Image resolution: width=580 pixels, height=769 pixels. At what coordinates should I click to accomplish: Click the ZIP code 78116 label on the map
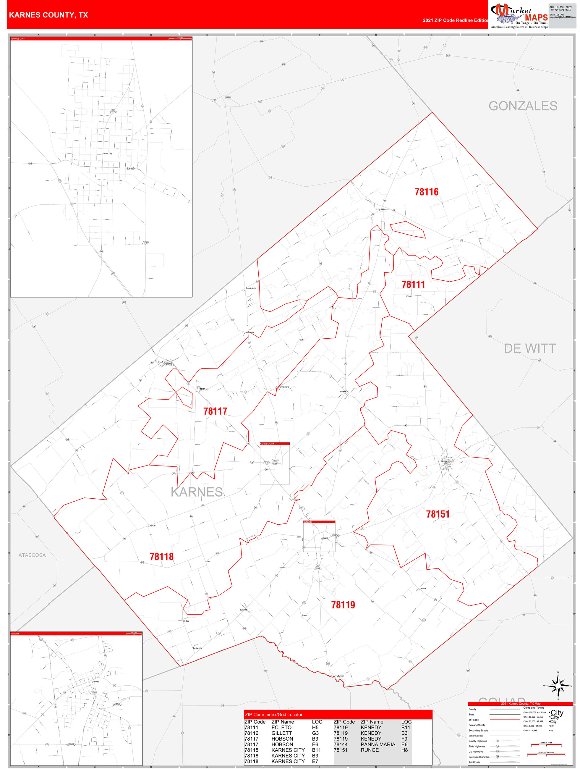[426, 192]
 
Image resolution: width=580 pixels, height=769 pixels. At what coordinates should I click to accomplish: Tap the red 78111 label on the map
[413, 284]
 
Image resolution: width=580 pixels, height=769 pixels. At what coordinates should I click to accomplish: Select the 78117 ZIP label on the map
[215, 411]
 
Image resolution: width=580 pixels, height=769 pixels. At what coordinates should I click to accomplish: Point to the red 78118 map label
[162, 557]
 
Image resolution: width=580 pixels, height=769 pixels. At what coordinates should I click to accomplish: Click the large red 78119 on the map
[343, 605]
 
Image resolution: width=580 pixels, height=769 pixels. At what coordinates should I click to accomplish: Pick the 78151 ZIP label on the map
[438, 514]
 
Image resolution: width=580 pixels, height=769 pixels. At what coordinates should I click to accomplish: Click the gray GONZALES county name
[523, 106]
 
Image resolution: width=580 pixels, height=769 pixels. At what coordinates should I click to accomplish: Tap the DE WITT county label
[530, 348]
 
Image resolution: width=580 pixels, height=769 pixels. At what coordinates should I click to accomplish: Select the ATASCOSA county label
[32, 555]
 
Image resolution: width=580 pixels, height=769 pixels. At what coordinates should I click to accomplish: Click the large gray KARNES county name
[197, 492]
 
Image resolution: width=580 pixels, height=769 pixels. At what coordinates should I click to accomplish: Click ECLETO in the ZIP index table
[281, 728]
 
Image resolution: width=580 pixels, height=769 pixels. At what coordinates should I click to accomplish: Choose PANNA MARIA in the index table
[378, 744]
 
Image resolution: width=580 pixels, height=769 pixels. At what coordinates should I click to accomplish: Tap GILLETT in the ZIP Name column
[281, 733]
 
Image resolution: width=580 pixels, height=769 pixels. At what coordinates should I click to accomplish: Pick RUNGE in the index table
[370, 750]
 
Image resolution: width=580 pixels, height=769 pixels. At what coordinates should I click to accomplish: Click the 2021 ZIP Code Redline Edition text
[456, 20]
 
